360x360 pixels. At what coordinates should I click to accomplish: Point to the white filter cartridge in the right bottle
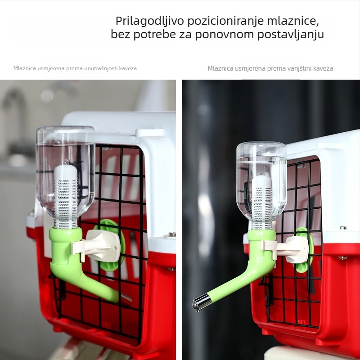[262, 198]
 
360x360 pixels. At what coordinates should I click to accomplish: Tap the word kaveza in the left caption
[128, 68]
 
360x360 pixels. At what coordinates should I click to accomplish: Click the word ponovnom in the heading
[216, 35]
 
